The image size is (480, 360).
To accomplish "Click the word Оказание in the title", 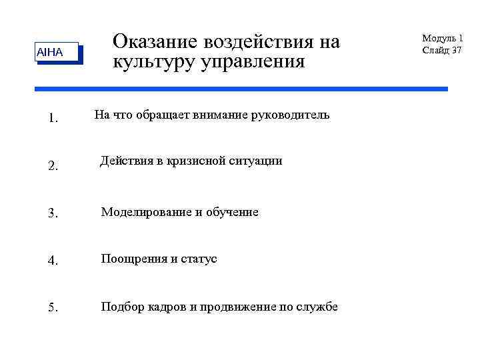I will [x=154, y=42].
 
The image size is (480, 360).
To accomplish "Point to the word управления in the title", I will [x=250, y=62].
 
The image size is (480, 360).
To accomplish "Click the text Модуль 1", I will [x=443, y=39].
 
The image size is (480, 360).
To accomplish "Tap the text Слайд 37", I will [x=443, y=50].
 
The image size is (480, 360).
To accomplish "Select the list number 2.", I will [x=53, y=167].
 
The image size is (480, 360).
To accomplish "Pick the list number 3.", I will [x=53, y=213].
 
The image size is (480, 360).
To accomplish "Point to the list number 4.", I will [x=53, y=261].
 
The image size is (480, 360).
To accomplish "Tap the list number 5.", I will [x=53, y=308].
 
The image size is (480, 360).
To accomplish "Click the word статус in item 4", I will [x=199, y=259].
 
